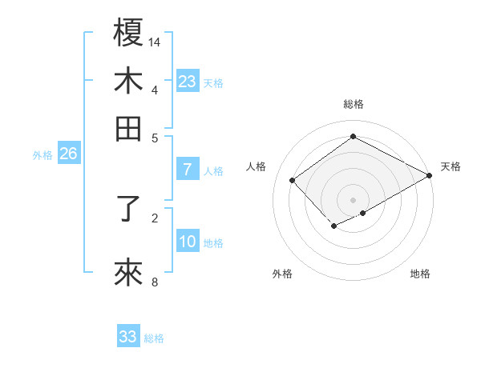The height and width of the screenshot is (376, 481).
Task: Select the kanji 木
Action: [129, 81]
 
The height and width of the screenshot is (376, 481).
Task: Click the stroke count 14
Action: [156, 42]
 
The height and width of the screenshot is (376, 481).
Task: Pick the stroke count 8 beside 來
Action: [155, 282]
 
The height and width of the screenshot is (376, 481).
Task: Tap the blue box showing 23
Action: [187, 81]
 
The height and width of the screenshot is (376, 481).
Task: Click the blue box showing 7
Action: [187, 170]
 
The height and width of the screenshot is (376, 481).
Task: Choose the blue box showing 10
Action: [187, 242]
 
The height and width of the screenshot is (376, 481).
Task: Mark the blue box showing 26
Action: [68, 154]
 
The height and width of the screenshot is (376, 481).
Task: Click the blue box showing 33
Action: [128, 337]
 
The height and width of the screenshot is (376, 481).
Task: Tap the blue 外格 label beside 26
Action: [42, 155]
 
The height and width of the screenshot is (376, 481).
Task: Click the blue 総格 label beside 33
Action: [154, 338]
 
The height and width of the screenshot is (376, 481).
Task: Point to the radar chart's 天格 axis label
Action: [451, 166]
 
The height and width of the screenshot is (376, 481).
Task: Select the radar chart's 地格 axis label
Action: [420, 274]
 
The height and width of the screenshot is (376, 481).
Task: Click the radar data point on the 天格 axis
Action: [430, 175]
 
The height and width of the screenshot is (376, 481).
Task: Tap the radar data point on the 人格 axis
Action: [293, 180]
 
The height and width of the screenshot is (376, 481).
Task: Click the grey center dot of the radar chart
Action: [353, 200]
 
